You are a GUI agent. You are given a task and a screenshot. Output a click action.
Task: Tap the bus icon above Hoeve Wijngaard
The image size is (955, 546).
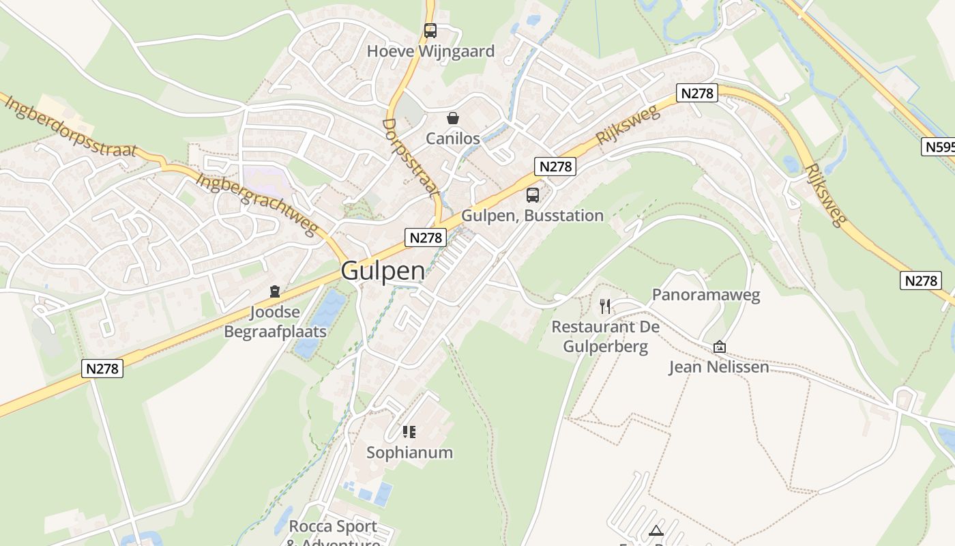(x=430, y=31)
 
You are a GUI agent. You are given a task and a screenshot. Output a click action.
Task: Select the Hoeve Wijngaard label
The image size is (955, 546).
(x=430, y=51)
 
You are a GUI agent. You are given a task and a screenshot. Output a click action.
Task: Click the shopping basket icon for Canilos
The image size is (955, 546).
(x=452, y=119)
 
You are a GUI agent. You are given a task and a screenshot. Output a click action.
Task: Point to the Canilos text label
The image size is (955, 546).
(x=452, y=139)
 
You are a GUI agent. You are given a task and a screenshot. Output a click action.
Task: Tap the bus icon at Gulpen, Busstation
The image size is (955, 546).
(x=532, y=195)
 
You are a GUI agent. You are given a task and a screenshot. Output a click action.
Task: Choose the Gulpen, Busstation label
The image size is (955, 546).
(x=532, y=216)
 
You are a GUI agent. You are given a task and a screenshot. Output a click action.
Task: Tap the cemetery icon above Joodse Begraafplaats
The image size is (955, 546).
(x=275, y=292)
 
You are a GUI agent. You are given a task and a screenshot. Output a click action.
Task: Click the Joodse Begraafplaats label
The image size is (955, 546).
(x=275, y=322)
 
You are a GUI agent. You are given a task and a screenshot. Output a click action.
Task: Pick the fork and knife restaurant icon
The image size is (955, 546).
(x=605, y=306)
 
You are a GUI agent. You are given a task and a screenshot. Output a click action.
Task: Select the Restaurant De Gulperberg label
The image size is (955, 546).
(x=605, y=336)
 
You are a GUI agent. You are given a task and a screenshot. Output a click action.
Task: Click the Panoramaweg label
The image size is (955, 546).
(x=705, y=295)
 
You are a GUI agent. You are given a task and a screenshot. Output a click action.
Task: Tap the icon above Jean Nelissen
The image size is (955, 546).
(x=719, y=347)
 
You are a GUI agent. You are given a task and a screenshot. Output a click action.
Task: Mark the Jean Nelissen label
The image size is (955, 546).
(x=719, y=367)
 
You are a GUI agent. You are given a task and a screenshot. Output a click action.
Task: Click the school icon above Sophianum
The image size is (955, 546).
(x=409, y=432)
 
